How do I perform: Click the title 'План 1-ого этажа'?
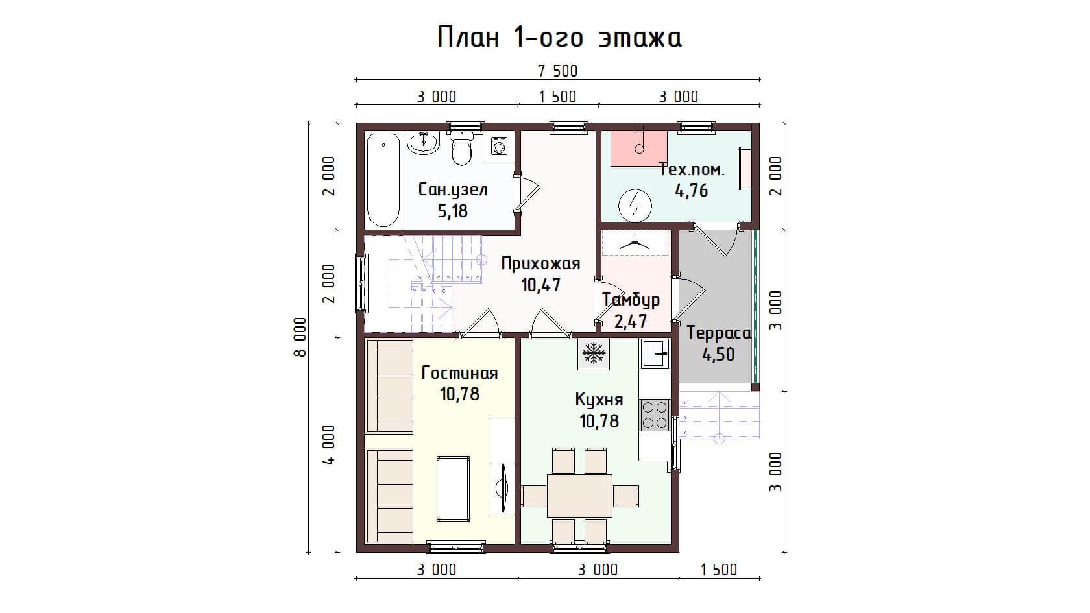(x=559, y=38)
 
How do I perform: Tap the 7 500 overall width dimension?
(x=558, y=71)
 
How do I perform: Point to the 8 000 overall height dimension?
(x=300, y=337)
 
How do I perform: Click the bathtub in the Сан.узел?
(x=383, y=180)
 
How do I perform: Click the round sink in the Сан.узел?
(x=424, y=142)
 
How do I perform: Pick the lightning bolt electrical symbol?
(x=635, y=205)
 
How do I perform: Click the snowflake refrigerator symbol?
(x=594, y=353)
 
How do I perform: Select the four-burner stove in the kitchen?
(x=655, y=415)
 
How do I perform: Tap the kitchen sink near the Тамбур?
(x=655, y=354)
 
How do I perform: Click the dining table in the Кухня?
(x=579, y=496)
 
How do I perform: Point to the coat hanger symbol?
(x=635, y=244)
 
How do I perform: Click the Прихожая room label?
(x=540, y=263)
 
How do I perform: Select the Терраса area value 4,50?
(x=718, y=355)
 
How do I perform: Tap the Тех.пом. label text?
(x=692, y=170)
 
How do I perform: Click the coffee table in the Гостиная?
(x=454, y=489)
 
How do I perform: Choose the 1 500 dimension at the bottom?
(x=719, y=570)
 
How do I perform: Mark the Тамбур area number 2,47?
(x=631, y=322)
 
